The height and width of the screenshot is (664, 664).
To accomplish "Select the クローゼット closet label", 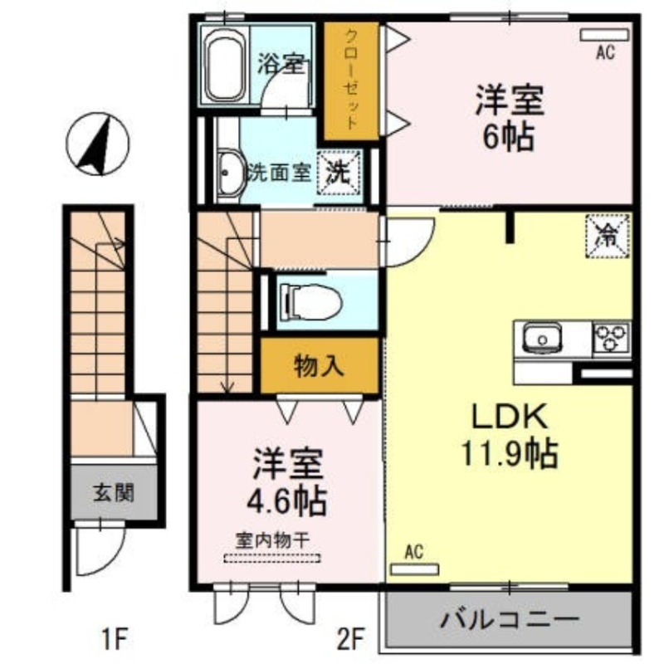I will coord(351,81).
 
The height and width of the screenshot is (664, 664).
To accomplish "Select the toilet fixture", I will coord(310,300).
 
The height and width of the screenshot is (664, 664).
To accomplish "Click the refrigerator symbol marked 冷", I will coord(608,235).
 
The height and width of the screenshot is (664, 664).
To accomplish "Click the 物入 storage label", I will coord(320,366).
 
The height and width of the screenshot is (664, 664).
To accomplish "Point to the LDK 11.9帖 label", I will coord(509,436).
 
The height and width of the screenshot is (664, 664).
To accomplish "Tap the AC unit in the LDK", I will coord(414,569).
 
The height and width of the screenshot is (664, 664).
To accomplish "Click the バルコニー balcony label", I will coord(509,619).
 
